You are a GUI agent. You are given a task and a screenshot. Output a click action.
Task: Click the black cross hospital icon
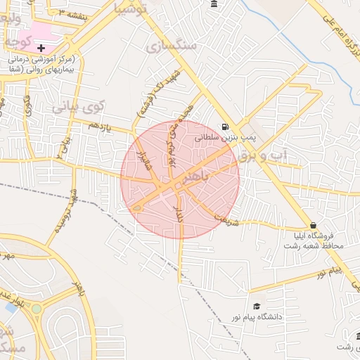point(42,48)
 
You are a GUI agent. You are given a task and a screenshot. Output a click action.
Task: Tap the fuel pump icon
point(224,127)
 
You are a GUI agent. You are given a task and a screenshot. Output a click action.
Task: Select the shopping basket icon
point(313,225)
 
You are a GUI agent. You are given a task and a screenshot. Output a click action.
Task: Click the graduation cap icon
point(257,307)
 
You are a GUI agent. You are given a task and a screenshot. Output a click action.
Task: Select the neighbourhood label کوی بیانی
point(78,108)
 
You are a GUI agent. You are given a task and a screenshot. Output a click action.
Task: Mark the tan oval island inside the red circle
point(138,207)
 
